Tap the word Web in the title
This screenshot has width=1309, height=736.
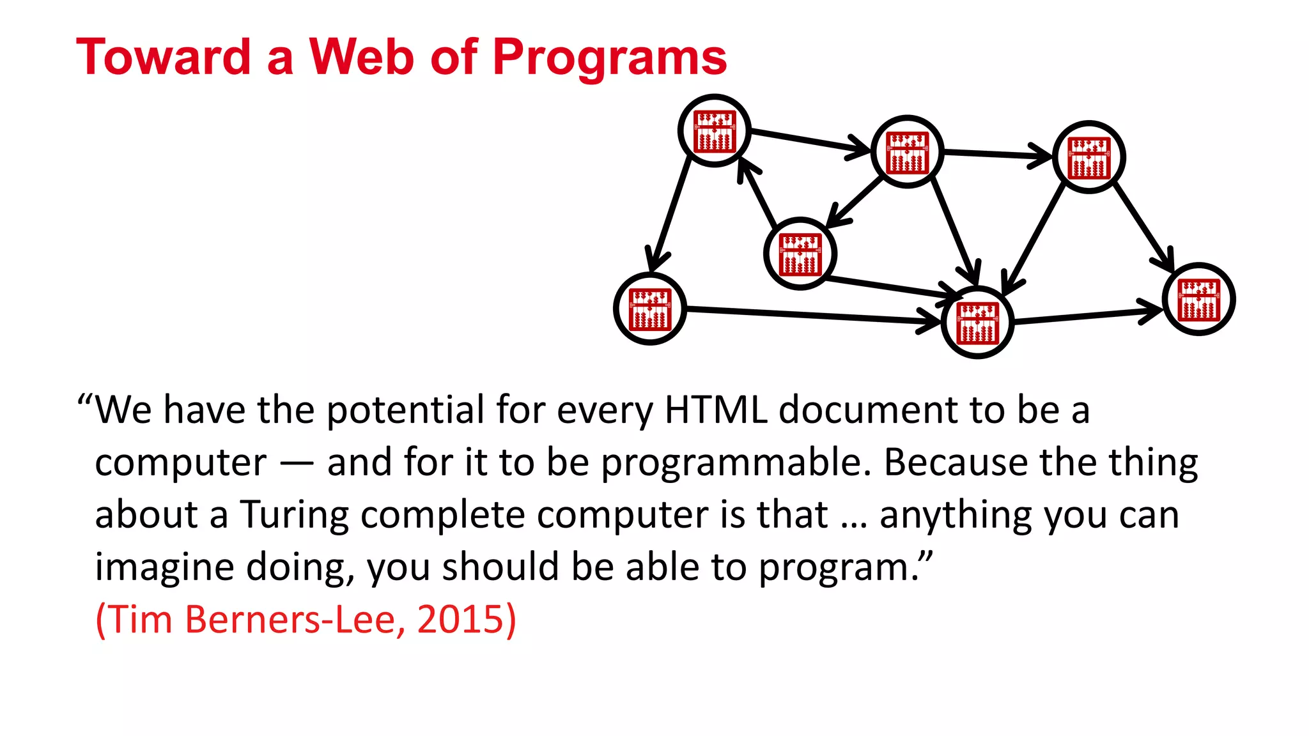tap(362, 57)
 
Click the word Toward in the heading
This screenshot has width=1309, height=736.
tap(164, 57)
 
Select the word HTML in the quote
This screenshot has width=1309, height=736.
tap(715, 410)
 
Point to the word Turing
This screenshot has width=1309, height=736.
tap(294, 515)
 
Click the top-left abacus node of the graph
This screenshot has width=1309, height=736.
tap(715, 131)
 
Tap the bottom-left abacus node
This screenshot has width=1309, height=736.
tap(650, 309)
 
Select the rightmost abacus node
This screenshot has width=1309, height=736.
tap(1199, 299)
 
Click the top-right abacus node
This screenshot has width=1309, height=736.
tap(1089, 157)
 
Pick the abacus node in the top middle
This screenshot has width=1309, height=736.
tap(908, 152)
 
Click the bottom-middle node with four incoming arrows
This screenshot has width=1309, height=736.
tap(978, 323)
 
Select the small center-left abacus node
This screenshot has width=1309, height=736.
tap(800, 254)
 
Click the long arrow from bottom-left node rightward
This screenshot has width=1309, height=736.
tap(805, 316)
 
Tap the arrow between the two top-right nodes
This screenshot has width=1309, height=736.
tap(997, 153)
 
